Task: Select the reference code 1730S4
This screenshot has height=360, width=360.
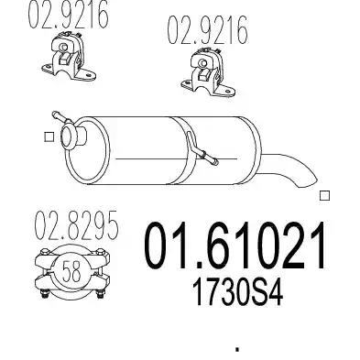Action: point(237,293)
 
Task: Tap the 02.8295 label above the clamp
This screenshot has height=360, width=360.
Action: point(76,225)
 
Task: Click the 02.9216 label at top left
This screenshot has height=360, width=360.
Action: point(69,14)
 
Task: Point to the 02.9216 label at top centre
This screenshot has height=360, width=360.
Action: point(207,29)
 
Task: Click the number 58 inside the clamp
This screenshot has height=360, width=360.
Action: point(71,271)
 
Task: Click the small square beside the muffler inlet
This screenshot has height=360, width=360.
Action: point(49,136)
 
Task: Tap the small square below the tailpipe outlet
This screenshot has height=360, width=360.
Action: point(324,195)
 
